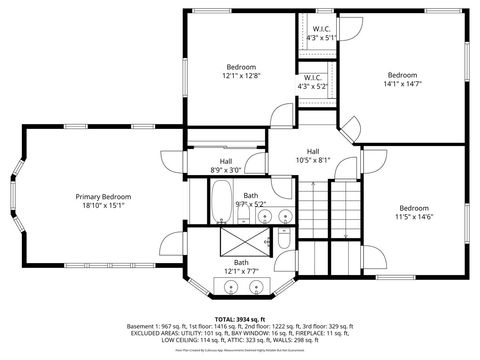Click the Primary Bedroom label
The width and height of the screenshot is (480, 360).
pos(103,197)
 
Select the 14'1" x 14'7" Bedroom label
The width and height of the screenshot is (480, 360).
pos(402,75)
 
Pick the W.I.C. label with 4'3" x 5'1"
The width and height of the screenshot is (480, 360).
pos(322,29)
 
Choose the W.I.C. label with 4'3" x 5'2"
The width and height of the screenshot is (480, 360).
pos(313,77)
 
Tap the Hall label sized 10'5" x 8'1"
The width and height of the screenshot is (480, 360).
pos(313,151)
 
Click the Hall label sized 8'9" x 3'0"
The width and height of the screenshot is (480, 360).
pos(225,161)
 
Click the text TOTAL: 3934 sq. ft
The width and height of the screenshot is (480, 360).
pos(240,317)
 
